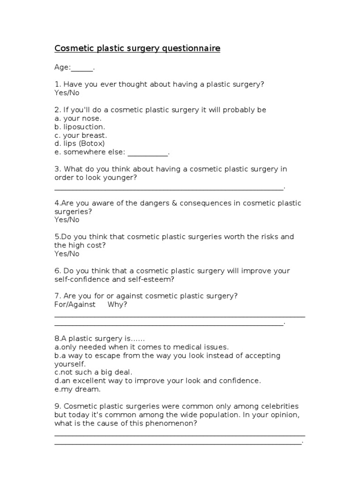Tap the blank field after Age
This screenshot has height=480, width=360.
tap(82, 67)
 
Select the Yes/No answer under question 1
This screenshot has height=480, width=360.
tap(67, 93)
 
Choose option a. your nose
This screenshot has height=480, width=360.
tap(78, 119)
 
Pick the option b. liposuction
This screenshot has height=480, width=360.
tap(80, 127)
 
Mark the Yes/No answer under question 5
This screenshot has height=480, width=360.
tap(67, 254)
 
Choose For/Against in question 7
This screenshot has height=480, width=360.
tap(75, 305)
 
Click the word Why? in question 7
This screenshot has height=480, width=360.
tap(117, 305)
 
